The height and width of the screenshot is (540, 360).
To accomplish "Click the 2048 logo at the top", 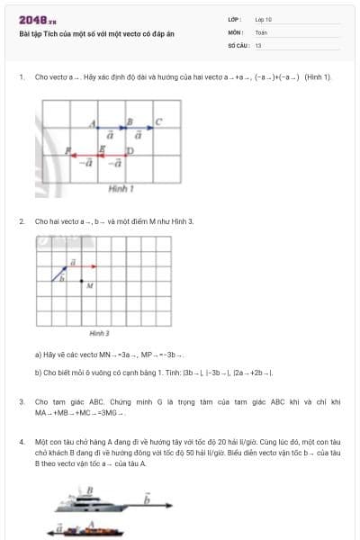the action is point(37,19).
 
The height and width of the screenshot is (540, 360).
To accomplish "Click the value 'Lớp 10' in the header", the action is point(264,18).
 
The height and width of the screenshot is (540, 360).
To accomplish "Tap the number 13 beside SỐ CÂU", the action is point(258,44).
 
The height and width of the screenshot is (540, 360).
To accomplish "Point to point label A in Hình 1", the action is point(94,123).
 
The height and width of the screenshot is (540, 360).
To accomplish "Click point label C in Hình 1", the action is point(158,121).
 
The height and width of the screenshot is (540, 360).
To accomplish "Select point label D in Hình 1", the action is point(130,150).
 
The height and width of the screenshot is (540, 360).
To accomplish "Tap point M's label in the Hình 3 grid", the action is point(90,286).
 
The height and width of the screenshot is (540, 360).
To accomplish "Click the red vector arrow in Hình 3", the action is point(85,265).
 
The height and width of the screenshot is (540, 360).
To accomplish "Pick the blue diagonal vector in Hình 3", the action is point(62,271).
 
